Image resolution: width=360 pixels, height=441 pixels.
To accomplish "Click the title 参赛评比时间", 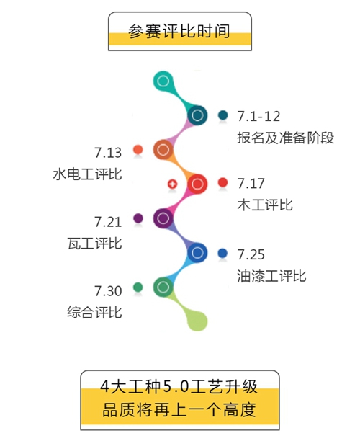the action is [x=179, y=31].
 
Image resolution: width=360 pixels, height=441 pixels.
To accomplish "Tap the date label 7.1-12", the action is [x=258, y=116].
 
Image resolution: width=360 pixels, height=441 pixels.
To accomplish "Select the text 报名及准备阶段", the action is [x=286, y=138].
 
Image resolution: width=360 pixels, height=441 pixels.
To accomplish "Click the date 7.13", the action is [x=108, y=153].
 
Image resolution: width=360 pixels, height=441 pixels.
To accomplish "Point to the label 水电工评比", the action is [x=87, y=174].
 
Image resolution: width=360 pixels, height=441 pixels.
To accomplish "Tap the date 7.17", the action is [x=251, y=183].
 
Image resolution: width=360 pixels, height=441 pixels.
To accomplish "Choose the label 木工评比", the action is [x=265, y=205].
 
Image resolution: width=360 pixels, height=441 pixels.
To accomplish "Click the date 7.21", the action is [x=108, y=222].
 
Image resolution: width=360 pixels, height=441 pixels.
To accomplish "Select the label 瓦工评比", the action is [x=95, y=244].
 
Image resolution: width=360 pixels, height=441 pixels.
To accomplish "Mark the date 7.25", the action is [x=251, y=254].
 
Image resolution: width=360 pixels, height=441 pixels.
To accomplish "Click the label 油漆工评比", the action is [x=271, y=276].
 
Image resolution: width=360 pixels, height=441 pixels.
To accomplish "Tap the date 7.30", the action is [x=108, y=291].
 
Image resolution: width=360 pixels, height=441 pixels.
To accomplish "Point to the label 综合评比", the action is [x=95, y=312].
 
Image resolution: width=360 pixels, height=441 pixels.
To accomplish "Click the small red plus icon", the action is [x=172, y=184].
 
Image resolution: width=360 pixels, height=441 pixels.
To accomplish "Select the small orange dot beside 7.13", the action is [x=138, y=150].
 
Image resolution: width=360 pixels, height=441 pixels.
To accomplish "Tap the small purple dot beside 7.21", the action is [x=138, y=218].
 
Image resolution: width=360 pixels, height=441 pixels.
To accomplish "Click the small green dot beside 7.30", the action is [x=138, y=288].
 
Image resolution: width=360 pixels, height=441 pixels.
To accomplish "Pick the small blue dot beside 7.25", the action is [x=222, y=253].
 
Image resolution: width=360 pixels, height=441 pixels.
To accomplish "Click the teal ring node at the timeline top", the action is [x=163, y=81].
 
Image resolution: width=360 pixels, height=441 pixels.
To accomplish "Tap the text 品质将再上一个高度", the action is [x=179, y=410].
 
